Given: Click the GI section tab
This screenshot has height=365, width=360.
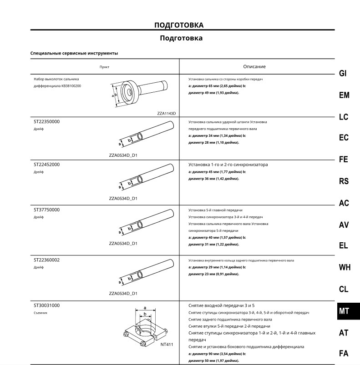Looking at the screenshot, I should [x=343, y=74].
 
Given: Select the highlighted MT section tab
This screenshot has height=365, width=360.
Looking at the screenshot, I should [x=344, y=311].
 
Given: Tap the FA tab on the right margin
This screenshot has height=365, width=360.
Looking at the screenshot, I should [x=344, y=353].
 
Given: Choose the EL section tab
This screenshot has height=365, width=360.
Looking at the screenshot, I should [x=344, y=245].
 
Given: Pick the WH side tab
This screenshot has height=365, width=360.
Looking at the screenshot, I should [x=345, y=267].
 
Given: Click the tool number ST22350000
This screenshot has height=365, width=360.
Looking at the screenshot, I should [x=46, y=122].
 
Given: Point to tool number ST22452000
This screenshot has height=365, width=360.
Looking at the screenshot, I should [x=46, y=165].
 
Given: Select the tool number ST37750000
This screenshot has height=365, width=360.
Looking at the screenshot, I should [x=46, y=210].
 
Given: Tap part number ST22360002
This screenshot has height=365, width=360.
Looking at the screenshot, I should [x=46, y=260].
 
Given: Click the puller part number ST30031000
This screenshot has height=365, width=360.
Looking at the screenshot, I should [x=46, y=305].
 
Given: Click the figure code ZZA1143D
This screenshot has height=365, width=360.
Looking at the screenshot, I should [x=167, y=113].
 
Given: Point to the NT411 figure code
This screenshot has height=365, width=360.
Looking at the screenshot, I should [x=167, y=344].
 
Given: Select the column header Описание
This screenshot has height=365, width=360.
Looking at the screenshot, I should [x=254, y=66].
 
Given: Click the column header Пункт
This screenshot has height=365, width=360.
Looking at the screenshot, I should [x=105, y=67].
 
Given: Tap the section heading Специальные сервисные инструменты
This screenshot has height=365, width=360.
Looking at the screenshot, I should [x=74, y=53].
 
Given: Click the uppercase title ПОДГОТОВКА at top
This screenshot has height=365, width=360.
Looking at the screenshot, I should [x=179, y=25].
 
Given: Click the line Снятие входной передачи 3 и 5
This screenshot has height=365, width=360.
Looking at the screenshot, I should [x=222, y=305].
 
